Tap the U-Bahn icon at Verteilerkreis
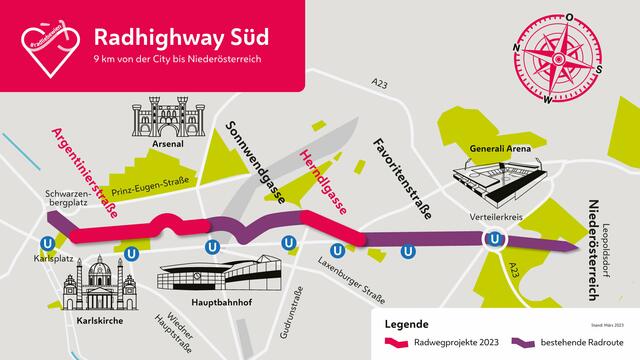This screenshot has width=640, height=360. [x=494, y=240]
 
